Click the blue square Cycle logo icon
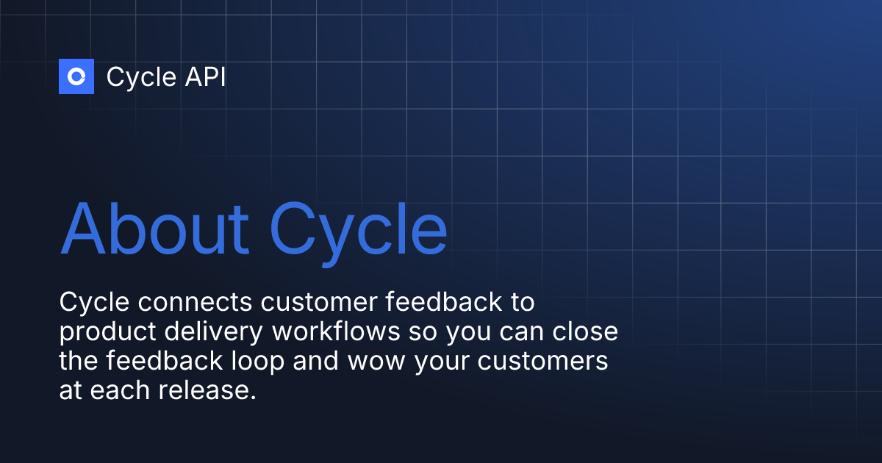tap(76, 76)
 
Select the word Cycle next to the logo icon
tap(140, 77)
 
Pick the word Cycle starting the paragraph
tap(90, 302)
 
